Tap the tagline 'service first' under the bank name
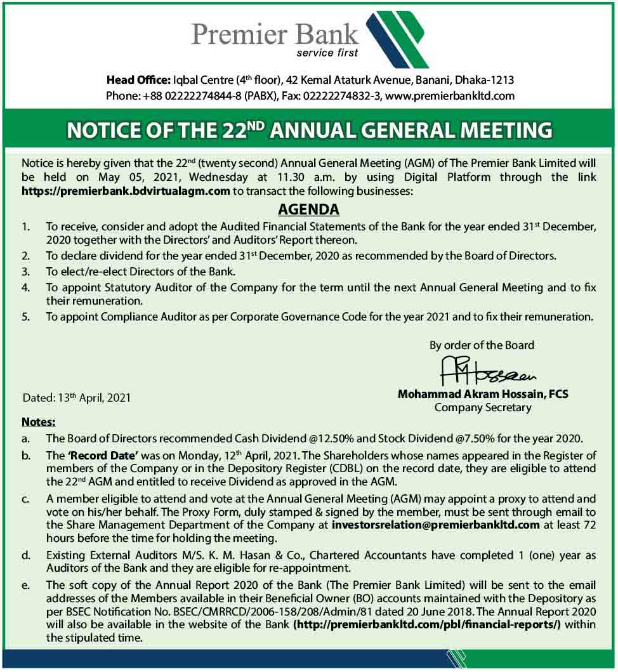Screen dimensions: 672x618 point(327,53)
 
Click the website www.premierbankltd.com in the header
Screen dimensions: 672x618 point(449,96)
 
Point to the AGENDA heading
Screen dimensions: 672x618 point(309,209)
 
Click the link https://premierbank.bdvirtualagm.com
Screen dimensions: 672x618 point(126,190)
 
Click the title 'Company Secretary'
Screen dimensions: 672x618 point(483,407)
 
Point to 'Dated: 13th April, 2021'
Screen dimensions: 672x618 point(77,398)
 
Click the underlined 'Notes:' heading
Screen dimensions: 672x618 point(39,422)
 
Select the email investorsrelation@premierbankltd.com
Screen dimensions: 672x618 point(436,525)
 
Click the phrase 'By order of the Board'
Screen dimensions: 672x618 point(482,345)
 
